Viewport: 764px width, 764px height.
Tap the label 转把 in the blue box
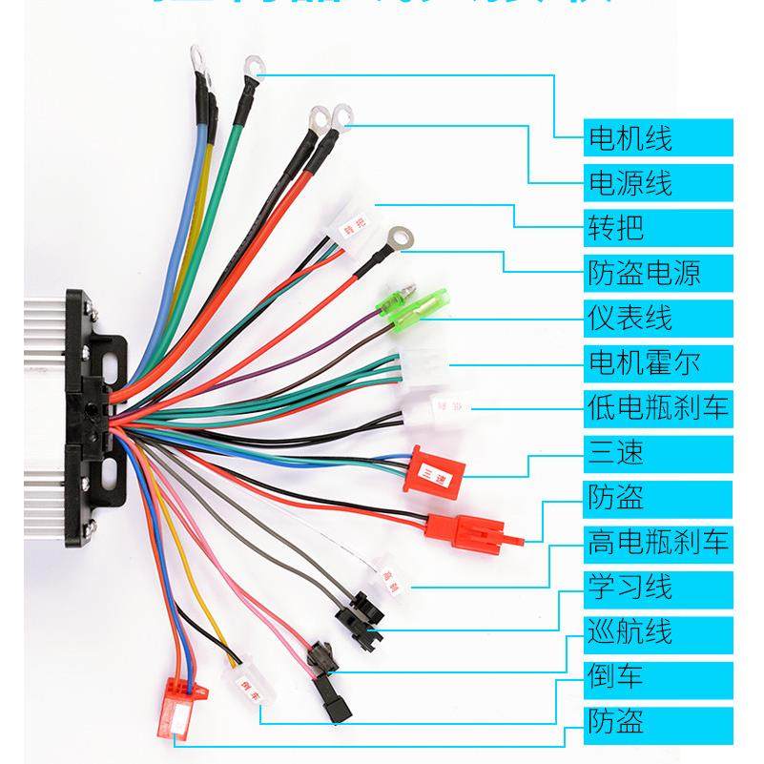click(615, 228)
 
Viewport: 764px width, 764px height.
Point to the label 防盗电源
click(644, 273)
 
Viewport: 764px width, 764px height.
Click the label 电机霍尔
click(644, 362)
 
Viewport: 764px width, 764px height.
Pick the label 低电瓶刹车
click(658, 407)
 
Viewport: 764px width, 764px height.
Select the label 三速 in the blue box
click(615, 452)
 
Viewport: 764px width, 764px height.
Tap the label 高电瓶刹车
click(658, 543)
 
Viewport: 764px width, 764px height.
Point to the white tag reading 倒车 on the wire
click(240, 683)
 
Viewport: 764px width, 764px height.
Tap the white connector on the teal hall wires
click(418, 365)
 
